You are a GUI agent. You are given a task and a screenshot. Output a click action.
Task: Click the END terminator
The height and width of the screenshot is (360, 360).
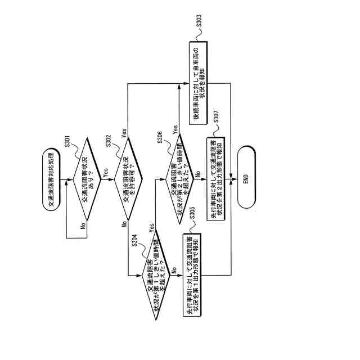pyautogui.click(x=246, y=178)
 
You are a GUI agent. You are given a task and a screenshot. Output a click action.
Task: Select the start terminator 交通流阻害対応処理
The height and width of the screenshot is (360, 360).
pyautogui.click(x=52, y=178)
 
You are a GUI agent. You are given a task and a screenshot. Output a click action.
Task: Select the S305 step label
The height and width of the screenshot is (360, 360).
pyautogui.click(x=192, y=216)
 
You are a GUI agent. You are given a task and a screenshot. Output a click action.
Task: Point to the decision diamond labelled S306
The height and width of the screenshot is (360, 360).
pyautogui.click(x=181, y=178)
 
